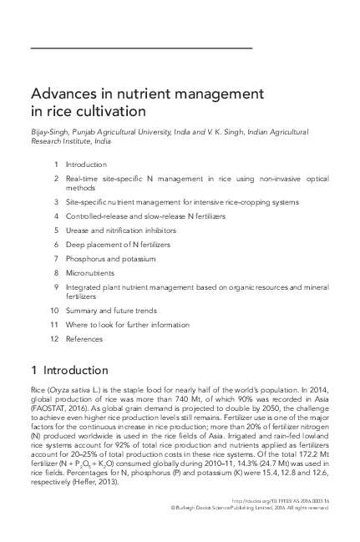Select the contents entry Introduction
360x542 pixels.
(x=87, y=165)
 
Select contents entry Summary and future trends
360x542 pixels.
(x=109, y=311)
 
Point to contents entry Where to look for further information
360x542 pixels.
(x=127, y=325)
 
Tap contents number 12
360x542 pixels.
(x=53, y=339)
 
